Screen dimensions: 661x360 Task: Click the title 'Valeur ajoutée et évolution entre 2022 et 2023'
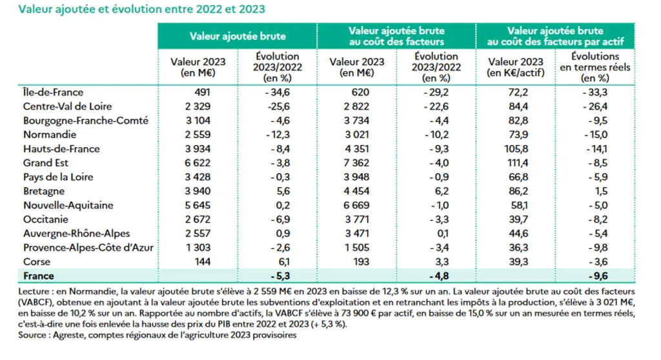tap(141, 9)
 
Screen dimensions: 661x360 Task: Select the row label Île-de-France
tap(53, 92)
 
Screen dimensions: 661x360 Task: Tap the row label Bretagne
tap(44, 192)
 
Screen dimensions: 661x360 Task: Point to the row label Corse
tap(37, 262)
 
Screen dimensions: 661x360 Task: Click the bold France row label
tap(39, 276)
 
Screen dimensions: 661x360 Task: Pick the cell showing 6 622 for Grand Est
tap(198, 163)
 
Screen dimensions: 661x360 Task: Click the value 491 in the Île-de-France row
tap(202, 92)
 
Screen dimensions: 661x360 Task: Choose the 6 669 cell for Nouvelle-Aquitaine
tap(356, 205)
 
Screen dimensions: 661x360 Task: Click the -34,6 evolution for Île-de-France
tap(278, 92)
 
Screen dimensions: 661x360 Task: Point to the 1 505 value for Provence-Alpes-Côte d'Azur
tap(357, 248)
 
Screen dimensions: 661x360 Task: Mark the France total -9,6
tap(598, 276)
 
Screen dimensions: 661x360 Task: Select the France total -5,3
tap(280, 276)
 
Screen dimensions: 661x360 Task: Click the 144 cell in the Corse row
tap(202, 262)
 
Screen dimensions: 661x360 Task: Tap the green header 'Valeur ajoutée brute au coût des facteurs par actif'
tap(555, 36)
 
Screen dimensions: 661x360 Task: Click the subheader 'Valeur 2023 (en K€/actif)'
tap(516, 67)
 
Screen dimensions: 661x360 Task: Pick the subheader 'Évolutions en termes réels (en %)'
tap(595, 67)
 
